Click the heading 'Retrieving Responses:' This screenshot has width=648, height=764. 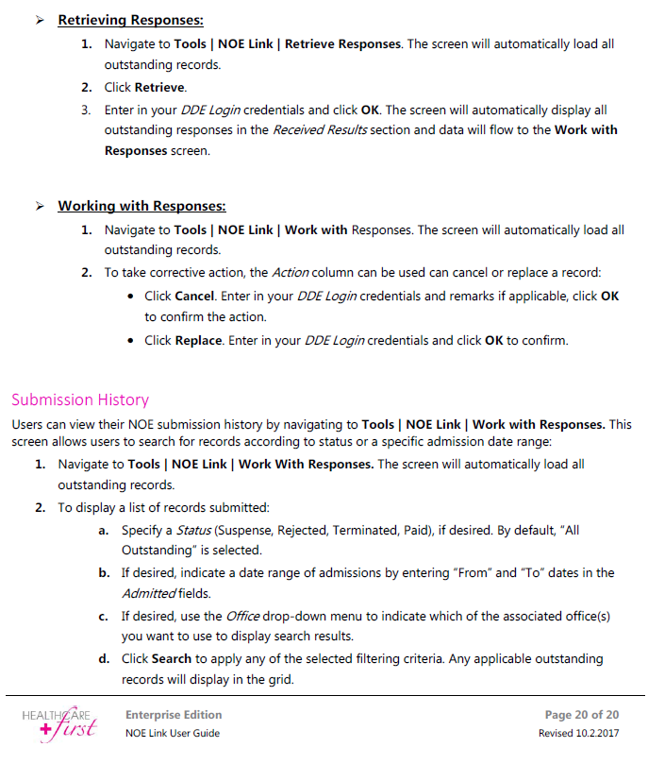pos(130,19)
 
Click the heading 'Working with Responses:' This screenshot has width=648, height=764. pos(141,206)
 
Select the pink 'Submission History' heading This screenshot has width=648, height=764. pos(80,399)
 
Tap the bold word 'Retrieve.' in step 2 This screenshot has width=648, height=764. pos(159,87)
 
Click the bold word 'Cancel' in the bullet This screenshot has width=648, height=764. pos(194,296)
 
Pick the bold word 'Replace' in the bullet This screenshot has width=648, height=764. pos(197,341)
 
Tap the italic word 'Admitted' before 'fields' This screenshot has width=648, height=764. pos(149,593)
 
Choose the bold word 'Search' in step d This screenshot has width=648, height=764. pos(172,658)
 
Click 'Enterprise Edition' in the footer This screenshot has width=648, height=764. pos(174,715)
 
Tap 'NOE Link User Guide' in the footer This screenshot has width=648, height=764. pos(173,734)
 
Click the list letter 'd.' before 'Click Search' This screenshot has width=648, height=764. pos(104,658)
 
